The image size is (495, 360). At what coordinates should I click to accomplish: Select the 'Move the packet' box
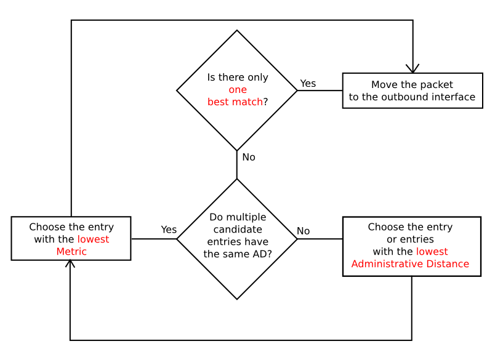[x=412, y=90]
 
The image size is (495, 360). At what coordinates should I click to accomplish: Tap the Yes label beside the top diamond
[x=308, y=83]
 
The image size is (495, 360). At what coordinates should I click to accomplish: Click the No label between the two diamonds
[x=249, y=158]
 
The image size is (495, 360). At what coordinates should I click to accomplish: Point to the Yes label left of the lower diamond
[x=169, y=230]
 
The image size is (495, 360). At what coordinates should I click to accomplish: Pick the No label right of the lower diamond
[x=304, y=231]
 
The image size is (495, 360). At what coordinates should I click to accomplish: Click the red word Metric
[x=71, y=252]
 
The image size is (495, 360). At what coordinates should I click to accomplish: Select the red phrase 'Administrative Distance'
[x=410, y=264]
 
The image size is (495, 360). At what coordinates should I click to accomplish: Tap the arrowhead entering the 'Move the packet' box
[x=412, y=68]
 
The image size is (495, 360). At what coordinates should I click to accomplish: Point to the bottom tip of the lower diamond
[x=237, y=299]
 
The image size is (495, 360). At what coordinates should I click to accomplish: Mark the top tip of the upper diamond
[x=237, y=31]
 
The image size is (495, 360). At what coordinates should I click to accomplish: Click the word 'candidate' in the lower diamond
[x=238, y=230]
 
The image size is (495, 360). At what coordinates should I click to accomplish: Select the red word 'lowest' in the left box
[x=93, y=239]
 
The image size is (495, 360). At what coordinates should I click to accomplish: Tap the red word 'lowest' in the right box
[x=432, y=252]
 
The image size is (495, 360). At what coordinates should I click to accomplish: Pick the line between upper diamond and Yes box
[x=320, y=90]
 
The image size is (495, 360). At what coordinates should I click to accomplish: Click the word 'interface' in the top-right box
[x=453, y=97]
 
